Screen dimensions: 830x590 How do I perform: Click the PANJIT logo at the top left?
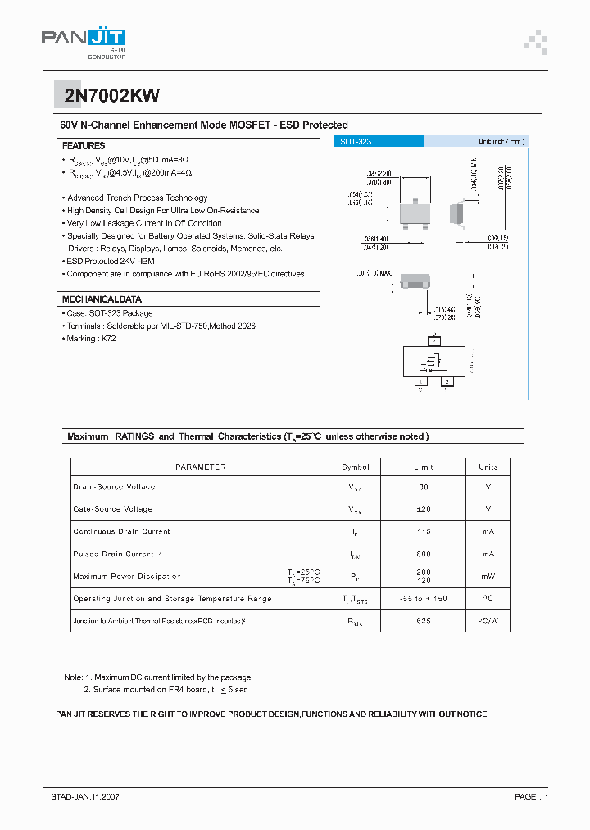(83, 38)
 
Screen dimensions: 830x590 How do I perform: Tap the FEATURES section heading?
(84, 145)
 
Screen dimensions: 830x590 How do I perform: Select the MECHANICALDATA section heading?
(102, 299)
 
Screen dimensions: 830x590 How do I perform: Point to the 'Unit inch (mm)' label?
(501, 142)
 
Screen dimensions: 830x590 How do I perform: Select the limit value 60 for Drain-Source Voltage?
(424, 487)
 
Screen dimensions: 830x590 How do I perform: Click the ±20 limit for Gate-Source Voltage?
(424, 509)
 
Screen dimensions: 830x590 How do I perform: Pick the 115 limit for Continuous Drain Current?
(424, 531)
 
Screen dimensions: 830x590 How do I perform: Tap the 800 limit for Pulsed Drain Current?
(424, 554)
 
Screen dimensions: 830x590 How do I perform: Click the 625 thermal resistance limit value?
(424, 622)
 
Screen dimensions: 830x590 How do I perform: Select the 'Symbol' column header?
(356, 467)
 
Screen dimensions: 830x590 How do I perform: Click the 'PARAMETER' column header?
(201, 467)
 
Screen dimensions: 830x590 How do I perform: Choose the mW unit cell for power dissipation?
(488, 576)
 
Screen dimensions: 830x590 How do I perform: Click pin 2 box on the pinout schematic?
(447, 381)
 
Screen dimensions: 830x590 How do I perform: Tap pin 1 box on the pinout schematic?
(421, 381)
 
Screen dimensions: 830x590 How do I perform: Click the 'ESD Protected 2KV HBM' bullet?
(111, 261)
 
